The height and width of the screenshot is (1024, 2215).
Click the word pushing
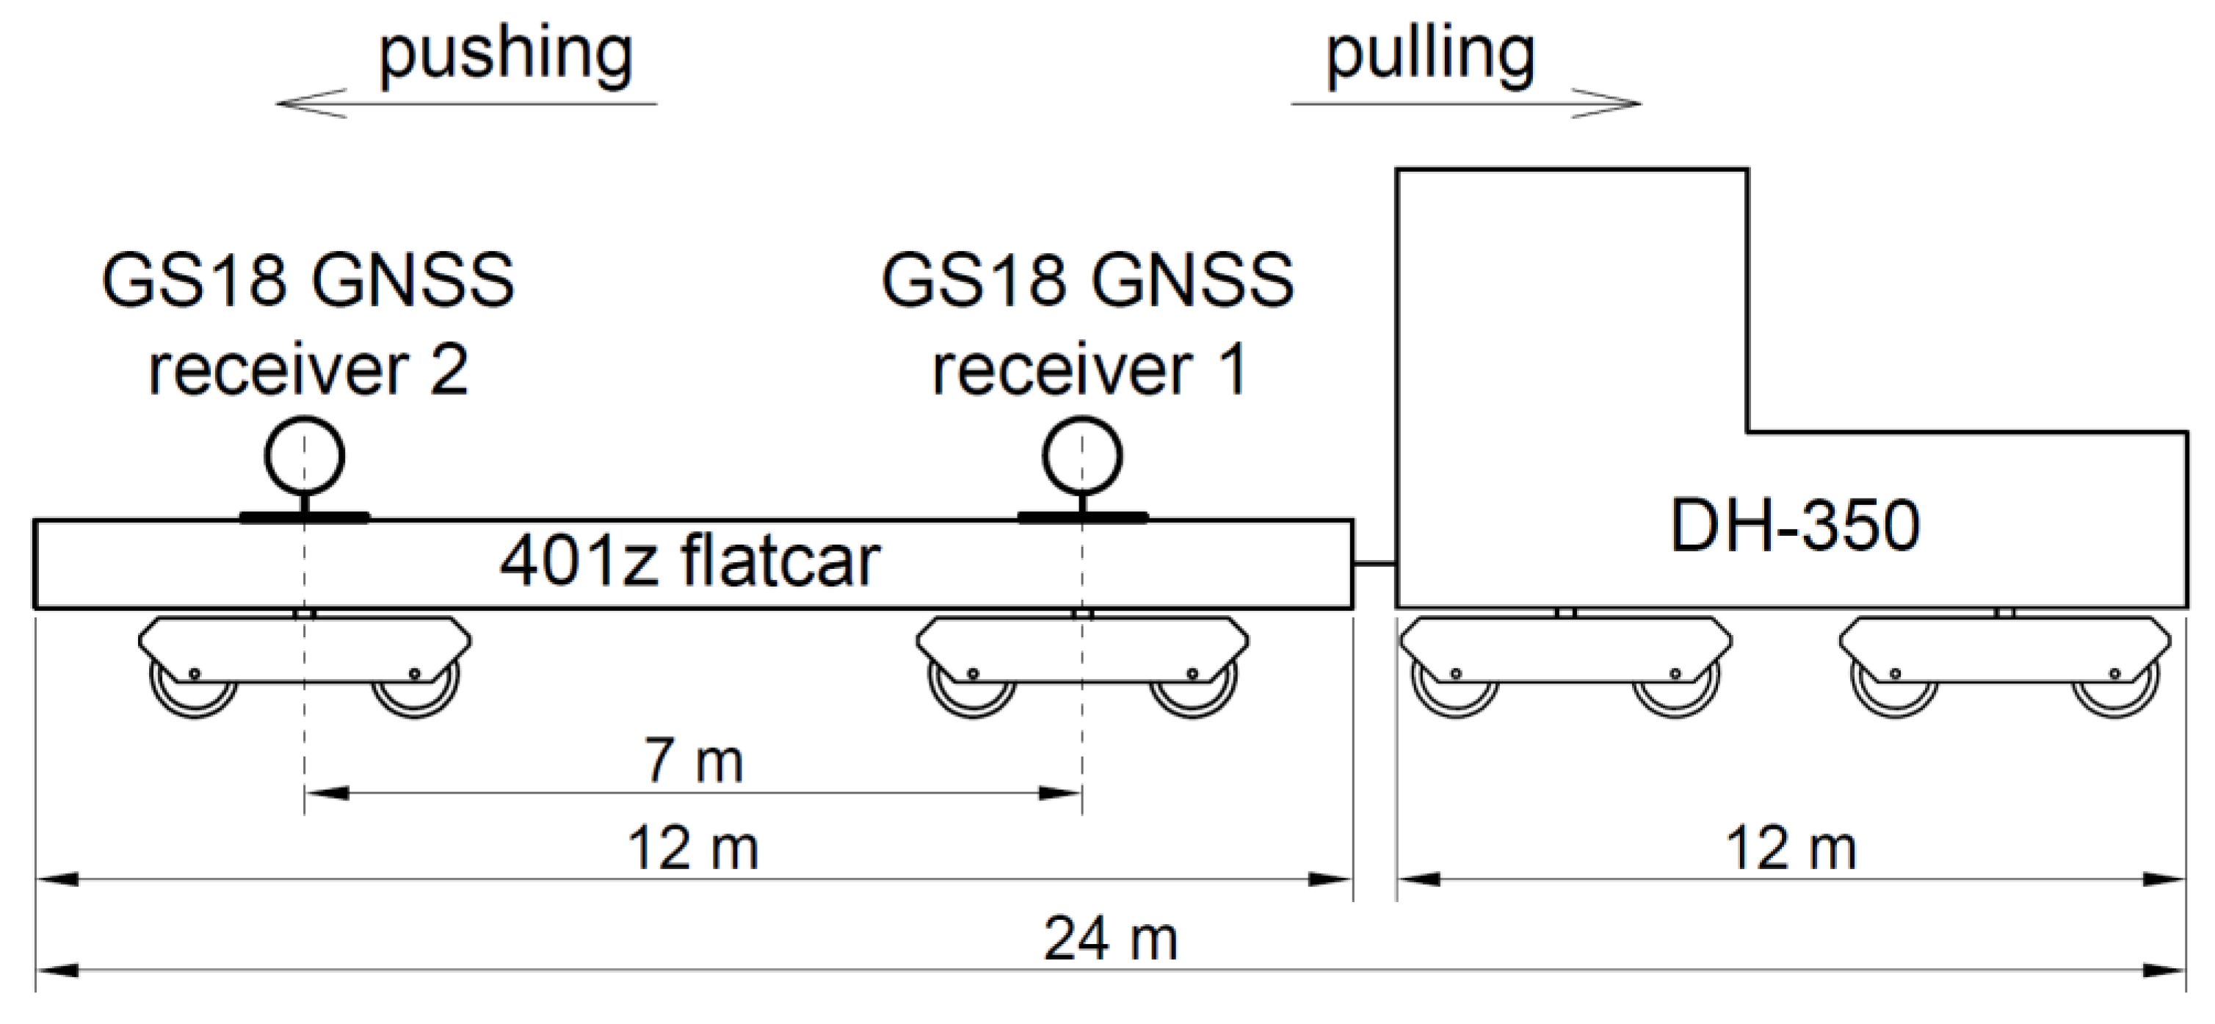pyautogui.click(x=506, y=56)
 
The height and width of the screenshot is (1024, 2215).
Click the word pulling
pyautogui.click(x=1429, y=56)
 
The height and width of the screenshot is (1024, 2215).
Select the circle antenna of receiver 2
pyautogui.click(x=305, y=457)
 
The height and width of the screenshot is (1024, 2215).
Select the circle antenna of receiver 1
pyautogui.click(x=1083, y=457)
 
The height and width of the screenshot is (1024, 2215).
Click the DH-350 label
pyautogui.click(x=1794, y=526)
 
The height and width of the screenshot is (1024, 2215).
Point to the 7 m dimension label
pyautogui.click(x=693, y=762)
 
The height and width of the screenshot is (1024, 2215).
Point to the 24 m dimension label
pyautogui.click(x=1110, y=939)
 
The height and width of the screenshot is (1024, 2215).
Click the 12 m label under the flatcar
pyautogui.click(x=693, y=849)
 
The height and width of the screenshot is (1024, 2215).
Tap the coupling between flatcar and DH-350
pyautogui.click(x=1374, y=564)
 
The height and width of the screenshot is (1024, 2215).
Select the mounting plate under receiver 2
pyautogui.click(x=305, y=518)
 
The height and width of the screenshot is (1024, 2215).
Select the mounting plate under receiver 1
pyautogui.click(x=1083, y=518)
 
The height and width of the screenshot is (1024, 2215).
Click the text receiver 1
pyautogui.click(x=1089, y=371)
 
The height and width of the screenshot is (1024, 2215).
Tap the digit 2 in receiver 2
pyautogui.click(x=449, y=371)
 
